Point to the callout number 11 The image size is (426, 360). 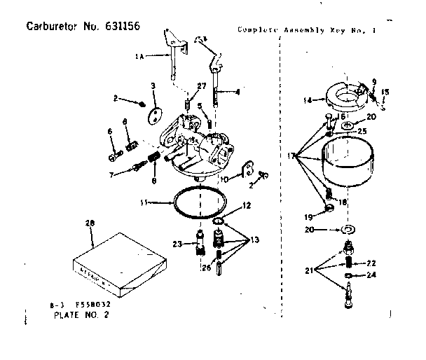pyautogui.click(x=144, y=203)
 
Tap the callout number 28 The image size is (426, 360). pyautogui.click(x=89, y=223)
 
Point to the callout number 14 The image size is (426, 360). pyautogui.click(x=307, y=100)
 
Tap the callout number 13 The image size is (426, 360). pyautogui.click(x=255, y=240)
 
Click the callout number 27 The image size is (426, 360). pyautogui.click(x=202, y=85)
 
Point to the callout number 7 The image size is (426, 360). pyautogui.click(x=111, y=174)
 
